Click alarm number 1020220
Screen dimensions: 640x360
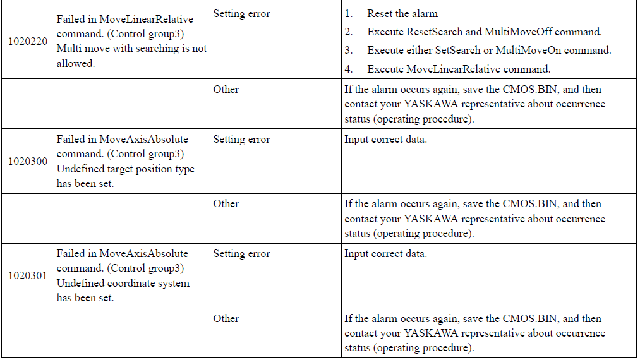28,41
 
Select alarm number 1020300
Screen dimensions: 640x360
28,161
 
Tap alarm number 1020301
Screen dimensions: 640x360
28,275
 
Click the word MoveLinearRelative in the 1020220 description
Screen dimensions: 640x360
146,19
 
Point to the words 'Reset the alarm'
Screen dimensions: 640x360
402,13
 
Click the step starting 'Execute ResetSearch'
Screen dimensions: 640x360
485,32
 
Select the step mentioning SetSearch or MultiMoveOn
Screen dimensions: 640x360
489,50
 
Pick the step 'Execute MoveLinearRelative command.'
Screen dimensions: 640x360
459,69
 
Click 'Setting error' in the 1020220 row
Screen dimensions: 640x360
241,14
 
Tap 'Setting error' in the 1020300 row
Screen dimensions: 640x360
241,140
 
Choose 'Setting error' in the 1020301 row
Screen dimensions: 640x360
241,254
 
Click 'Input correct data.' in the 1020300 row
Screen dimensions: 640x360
386,140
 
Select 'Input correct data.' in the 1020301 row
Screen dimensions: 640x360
386,254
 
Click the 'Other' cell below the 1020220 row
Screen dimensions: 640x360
226,90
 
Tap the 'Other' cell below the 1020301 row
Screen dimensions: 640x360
226,319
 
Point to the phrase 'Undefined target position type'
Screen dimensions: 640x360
125,169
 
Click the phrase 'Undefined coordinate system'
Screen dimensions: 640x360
123,284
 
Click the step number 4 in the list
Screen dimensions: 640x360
349,69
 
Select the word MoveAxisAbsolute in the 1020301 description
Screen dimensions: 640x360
143,253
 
